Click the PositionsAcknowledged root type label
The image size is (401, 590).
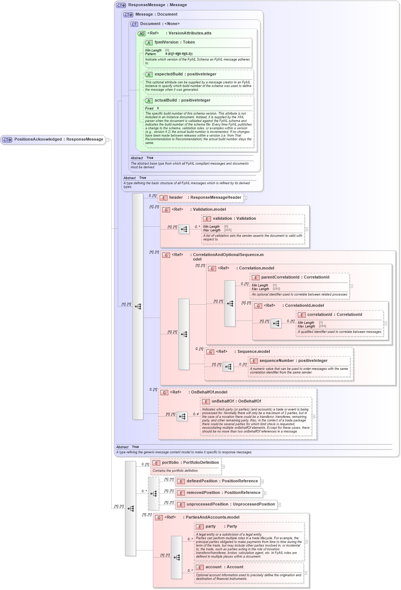pos(58,139)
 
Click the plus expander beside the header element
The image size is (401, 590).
pos(245,198)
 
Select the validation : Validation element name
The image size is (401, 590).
pos(234,219)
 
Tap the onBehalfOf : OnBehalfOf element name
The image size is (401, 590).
pos(236,401)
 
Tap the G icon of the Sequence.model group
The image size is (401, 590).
pos(210,352)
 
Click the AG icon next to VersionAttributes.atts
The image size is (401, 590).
pos(141,33)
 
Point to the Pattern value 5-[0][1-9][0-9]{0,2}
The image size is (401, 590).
pos(179,54)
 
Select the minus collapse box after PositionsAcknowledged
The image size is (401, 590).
pos(107,140)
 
